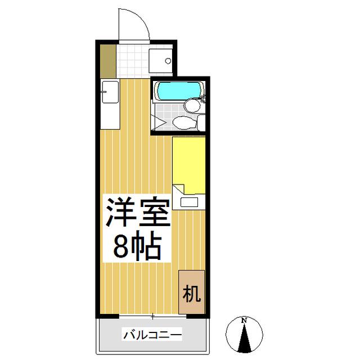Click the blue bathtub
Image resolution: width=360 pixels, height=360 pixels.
179,90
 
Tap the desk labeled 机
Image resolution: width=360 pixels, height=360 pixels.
191,292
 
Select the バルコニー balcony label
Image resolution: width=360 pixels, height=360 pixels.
152,335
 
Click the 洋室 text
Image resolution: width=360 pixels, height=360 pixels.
138,211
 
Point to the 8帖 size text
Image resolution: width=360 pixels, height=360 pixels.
137,247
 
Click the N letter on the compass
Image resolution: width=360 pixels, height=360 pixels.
244,321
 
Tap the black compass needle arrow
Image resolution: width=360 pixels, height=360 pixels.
244,338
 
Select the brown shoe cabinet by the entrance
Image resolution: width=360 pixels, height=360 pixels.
108,61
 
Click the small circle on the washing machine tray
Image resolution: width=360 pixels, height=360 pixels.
168,61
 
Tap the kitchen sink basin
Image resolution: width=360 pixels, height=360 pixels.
110,92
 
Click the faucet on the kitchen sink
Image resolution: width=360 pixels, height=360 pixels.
103,92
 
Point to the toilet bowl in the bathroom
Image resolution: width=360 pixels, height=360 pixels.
184,123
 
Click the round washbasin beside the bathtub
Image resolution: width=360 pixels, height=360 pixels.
192,105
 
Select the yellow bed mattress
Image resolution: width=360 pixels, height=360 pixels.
189,165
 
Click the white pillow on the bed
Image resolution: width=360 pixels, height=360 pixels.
189,202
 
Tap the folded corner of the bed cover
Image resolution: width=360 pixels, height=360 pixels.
179,189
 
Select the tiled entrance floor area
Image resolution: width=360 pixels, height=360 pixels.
133,61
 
